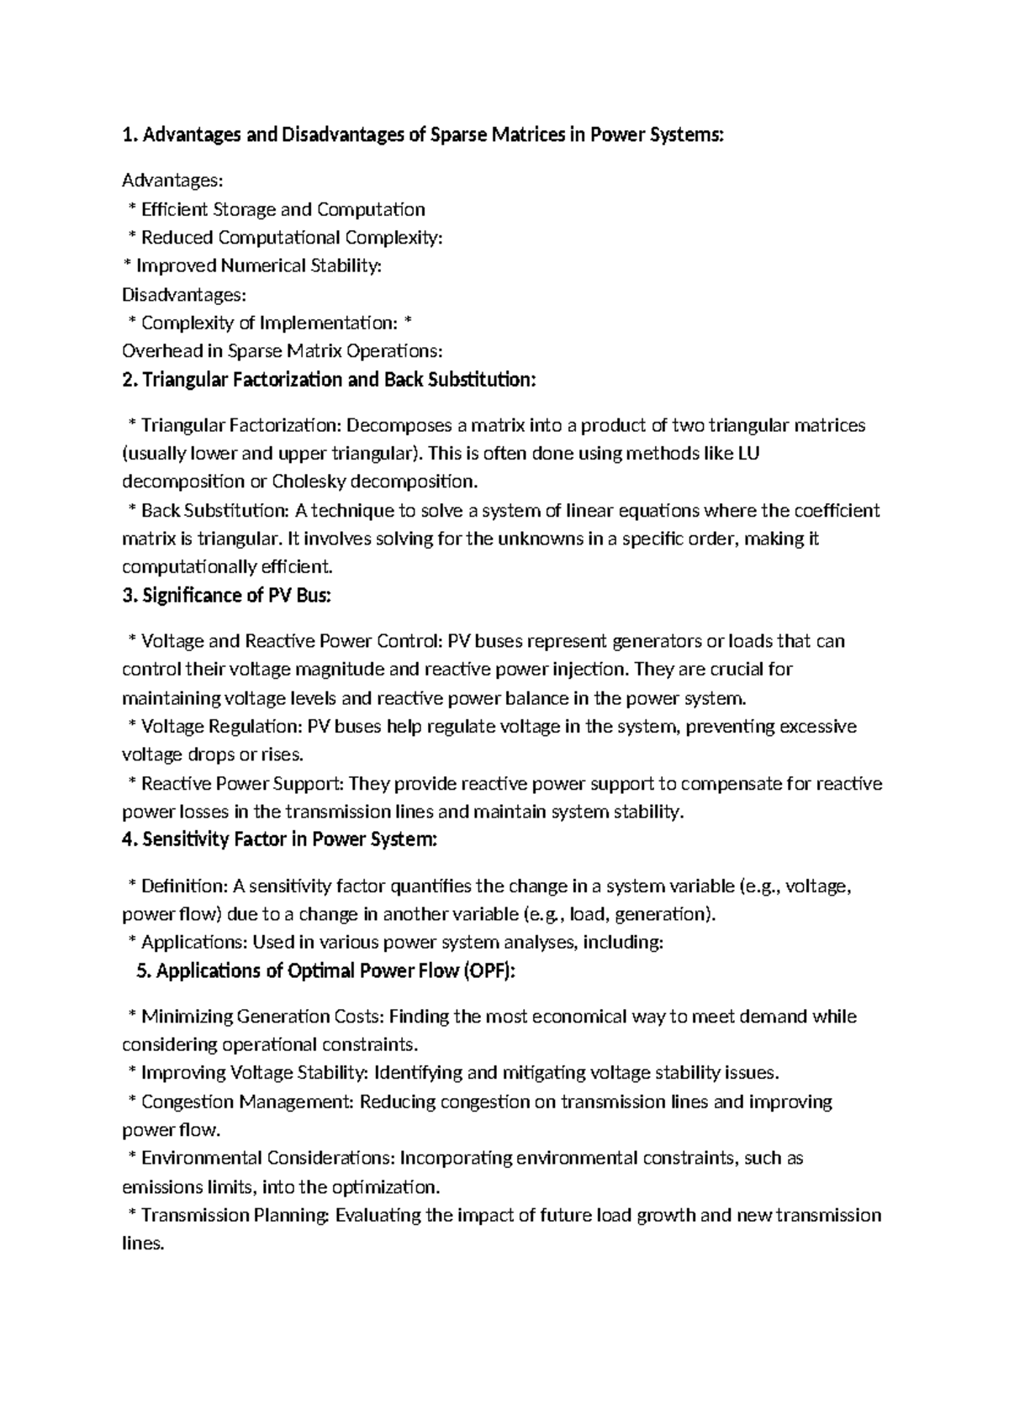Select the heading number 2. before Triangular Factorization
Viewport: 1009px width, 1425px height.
tap(130, 381)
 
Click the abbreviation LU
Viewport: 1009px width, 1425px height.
tap(748, 454)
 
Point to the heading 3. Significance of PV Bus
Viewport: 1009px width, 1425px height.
tap(227, 597)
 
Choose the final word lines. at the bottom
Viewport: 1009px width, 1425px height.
tap(142, 1244)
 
